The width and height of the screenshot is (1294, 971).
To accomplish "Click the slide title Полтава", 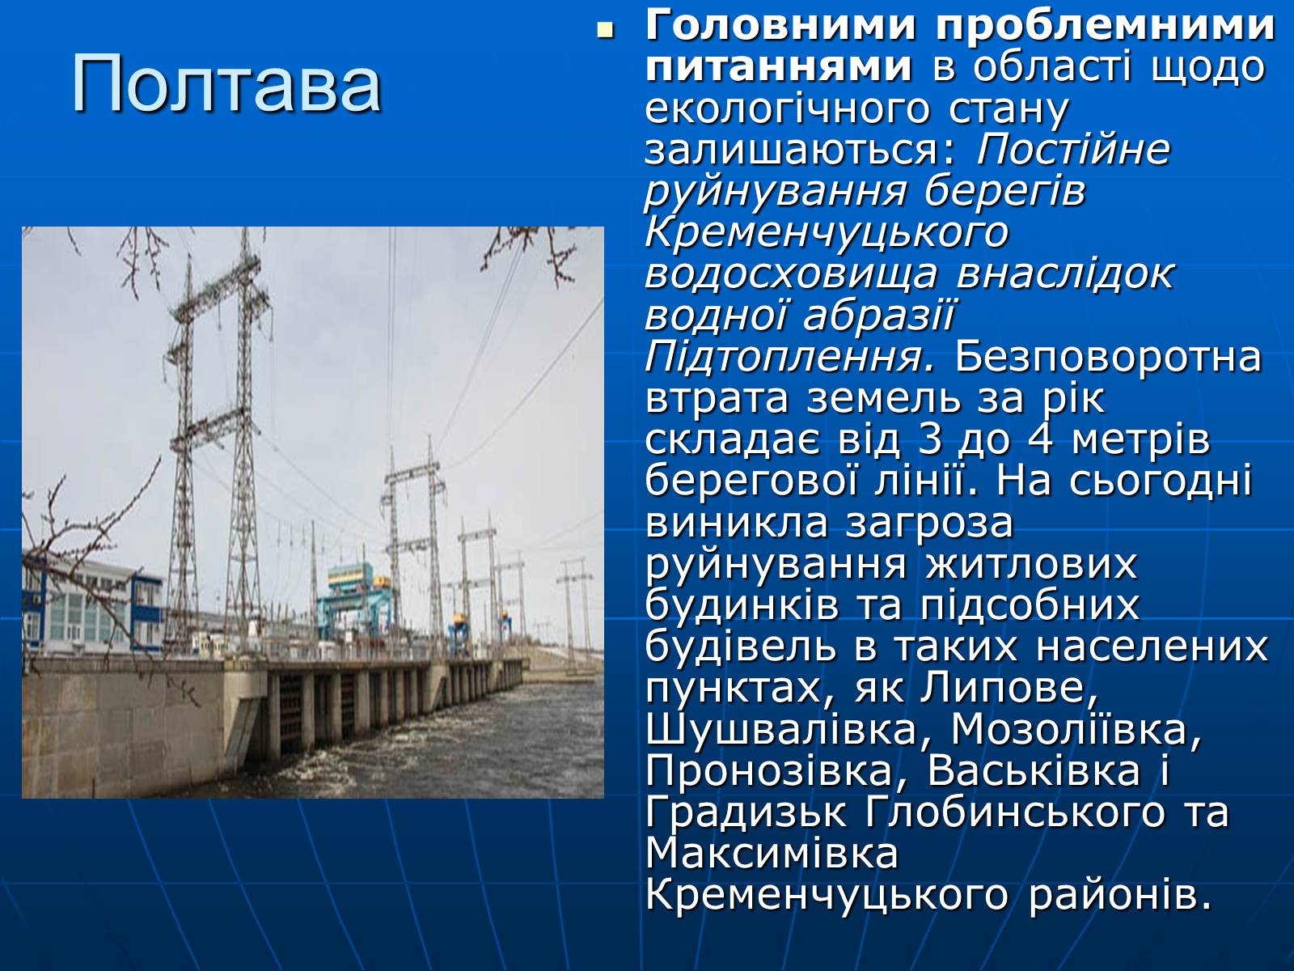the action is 226,83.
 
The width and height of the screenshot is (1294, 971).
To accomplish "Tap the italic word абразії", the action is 877,316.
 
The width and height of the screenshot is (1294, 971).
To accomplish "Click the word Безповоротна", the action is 1108,358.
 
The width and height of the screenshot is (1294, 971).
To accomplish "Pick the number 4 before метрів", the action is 1040,440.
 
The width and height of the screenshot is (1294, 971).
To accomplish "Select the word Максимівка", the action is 772,853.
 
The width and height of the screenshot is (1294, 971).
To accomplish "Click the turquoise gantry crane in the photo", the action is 353,600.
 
